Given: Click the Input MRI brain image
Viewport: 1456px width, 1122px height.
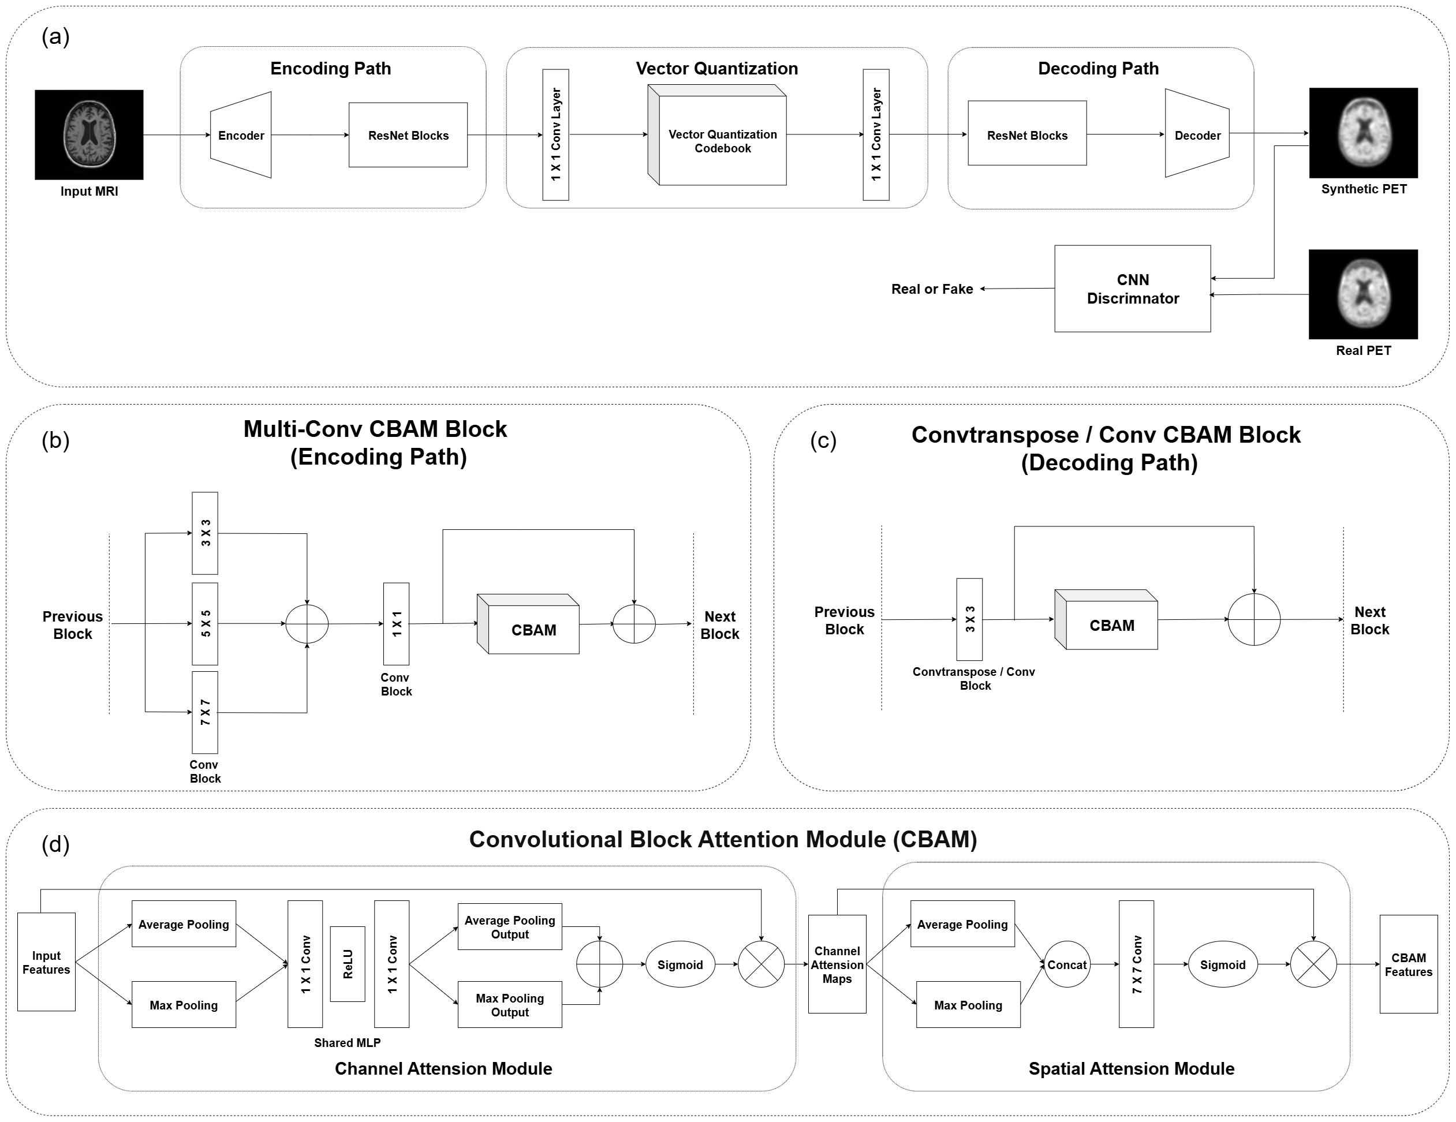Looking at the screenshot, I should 89,134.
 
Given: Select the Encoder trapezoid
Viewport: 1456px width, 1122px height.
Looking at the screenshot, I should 241,135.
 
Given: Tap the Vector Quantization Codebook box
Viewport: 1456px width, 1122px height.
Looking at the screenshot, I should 722,141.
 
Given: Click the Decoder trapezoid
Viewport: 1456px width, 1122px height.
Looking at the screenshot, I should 1197,134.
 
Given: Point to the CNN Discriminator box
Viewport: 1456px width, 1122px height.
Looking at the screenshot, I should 1132,289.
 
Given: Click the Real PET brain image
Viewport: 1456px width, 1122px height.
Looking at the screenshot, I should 1362,294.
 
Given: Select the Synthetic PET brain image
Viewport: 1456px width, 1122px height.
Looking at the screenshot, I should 1362,132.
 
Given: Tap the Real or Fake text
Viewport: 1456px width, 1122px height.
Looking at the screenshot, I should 931,289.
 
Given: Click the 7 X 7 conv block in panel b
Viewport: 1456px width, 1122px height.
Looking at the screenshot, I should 205,712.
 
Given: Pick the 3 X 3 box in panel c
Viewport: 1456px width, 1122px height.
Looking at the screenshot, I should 969,619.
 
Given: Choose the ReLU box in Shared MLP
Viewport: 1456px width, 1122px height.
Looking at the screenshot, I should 348,964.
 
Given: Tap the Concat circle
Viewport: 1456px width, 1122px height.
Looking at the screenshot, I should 1067,964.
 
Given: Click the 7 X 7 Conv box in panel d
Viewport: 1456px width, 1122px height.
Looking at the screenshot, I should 1136,964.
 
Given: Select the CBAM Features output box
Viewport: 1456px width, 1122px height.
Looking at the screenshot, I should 1408,964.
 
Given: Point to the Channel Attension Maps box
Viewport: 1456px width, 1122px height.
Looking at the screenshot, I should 837,964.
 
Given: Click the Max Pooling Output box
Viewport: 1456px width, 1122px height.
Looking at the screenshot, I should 509,1005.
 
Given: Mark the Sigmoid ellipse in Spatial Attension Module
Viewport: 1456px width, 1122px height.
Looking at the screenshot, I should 1222,964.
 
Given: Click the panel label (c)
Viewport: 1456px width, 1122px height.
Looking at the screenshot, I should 823,441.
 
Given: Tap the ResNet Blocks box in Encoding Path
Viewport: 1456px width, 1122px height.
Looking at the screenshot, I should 408,135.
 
